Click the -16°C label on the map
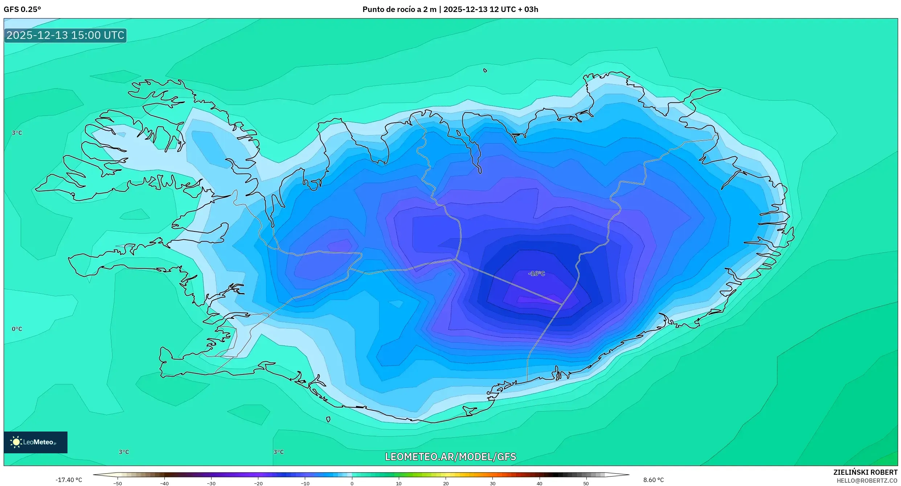[537, 274]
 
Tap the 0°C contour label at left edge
[17, 329]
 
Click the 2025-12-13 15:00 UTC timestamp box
[65, 35]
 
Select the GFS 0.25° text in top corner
[22, 9]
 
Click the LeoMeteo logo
[36, 442]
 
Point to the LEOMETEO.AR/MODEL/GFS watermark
[450, 457]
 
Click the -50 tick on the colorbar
[118, 483]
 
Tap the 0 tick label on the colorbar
[352, 483]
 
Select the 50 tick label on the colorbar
[586, 483]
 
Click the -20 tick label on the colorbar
[258, 483]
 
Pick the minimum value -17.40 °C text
[69, 480]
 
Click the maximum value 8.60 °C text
[654, 480]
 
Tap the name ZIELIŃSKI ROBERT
[865, 472]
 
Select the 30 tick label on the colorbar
[492, 483]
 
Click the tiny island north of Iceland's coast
[485, 70]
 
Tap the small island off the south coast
[328, 419]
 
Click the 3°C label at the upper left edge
[17, 133]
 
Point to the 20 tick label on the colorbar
[446, 483]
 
